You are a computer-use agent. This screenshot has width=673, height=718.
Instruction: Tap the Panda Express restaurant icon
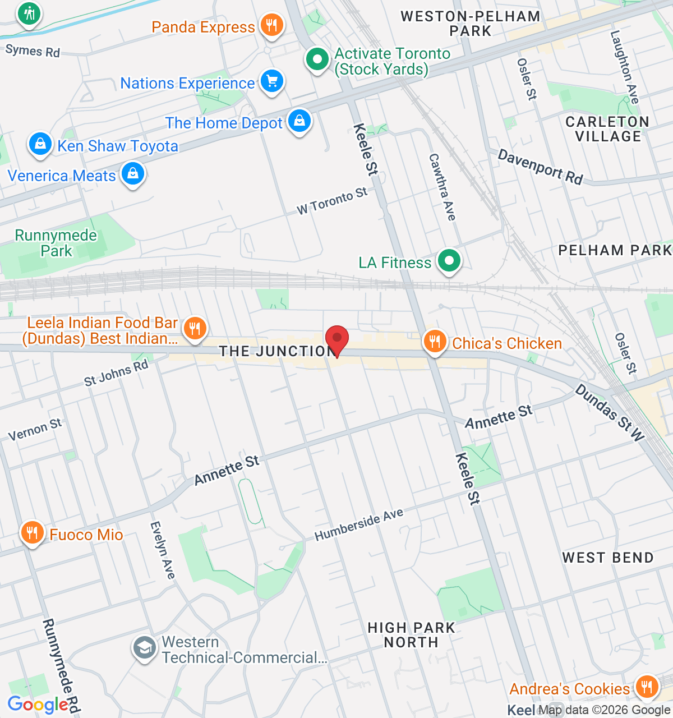(272, 25)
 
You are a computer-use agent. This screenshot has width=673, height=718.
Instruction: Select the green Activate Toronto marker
(317, 59)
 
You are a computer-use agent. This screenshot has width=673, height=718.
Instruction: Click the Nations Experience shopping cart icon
(272, 82)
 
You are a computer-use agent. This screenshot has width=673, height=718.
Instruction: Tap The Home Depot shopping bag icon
(299, 121)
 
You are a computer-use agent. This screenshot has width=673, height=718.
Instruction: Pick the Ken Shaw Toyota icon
(40, 145)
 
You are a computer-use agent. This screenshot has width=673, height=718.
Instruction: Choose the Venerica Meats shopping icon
(133, 174)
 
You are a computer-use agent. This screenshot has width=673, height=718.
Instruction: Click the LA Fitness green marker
(449, 261)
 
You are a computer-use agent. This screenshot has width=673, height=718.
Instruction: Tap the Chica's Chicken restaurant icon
(435, 341)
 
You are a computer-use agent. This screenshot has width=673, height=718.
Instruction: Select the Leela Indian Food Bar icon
(195, 329)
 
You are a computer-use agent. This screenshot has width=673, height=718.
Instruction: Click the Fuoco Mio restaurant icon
(33, 533)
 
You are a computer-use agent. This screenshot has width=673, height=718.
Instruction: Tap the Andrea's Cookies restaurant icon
(647, 687)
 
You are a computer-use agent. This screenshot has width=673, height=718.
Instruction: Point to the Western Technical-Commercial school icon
(145, 648)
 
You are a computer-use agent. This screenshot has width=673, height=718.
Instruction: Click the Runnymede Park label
(56, 243)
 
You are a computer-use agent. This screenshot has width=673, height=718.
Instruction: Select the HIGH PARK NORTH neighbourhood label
(411, 635)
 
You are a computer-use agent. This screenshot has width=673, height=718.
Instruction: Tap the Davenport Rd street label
(540, 167)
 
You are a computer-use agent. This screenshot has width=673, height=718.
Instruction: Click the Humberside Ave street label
(359, 525)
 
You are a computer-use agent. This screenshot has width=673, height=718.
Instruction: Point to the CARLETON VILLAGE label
(607, 129)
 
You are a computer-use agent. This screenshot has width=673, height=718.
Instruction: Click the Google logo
(38, 705)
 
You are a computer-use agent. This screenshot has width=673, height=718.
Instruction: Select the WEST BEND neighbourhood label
(608, 558)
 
